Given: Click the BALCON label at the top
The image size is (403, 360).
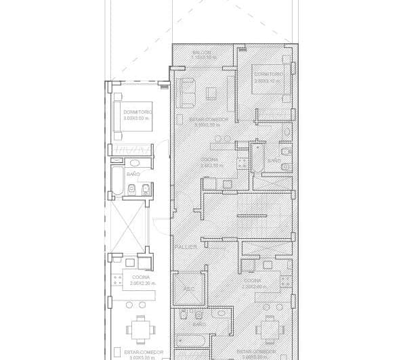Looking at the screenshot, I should [201, 52].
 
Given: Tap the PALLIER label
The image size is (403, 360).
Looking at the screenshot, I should [185, 247].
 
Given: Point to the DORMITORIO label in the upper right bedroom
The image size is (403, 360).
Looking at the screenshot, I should [268, 73].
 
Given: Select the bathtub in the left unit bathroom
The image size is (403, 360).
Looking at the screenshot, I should [118, 182].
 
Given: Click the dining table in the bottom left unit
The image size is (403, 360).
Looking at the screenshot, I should [140, 330].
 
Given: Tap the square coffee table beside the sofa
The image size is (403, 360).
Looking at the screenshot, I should [212, 93].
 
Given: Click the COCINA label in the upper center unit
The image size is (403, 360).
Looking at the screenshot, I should [209, 160].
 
